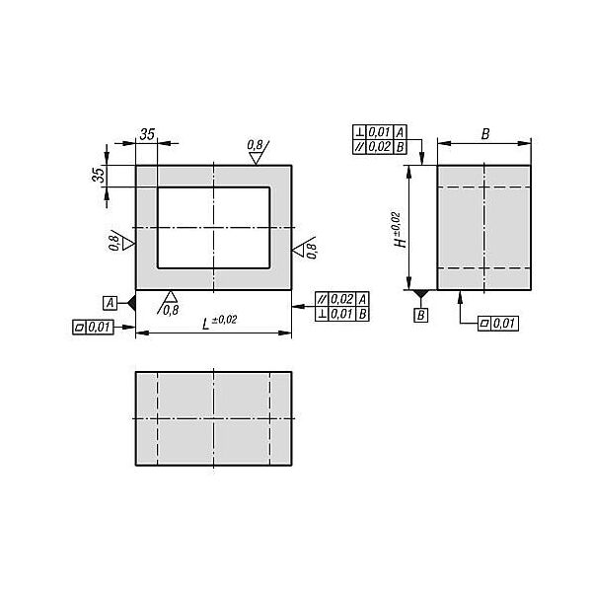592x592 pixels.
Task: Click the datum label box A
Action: (110, 303)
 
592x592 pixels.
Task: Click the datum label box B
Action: (421, 316)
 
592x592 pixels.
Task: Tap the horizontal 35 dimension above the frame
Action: (147, 134)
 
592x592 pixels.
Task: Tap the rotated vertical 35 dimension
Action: (99, 175)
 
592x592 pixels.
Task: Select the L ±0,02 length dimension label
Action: (219, 322)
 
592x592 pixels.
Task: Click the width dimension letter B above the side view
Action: (485, 134)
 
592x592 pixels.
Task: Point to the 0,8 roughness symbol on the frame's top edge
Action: (259, 152)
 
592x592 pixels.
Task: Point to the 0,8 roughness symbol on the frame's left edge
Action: (120, 242)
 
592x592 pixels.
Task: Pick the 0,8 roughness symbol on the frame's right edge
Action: (305, 248)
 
